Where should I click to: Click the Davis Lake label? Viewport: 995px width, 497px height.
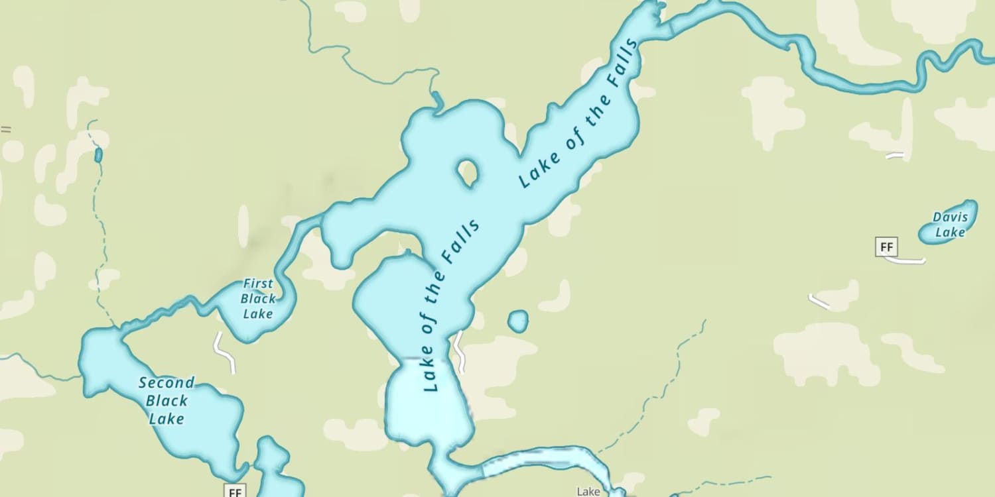[x=950, y=224]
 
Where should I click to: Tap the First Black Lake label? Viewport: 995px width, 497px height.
[x=258, y=298]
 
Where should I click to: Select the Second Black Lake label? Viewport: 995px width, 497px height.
[x=166, y=400]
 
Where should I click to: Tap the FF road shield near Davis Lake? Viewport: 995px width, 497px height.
[x=886, y=248]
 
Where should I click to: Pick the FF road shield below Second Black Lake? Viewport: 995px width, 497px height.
[x=235, y=492]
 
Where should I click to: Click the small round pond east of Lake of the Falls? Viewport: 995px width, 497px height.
[x=518, y=321]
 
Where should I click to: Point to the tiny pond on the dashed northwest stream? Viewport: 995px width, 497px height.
[x=99, y=155]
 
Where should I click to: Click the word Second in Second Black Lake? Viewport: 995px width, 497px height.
[x=166, y=383]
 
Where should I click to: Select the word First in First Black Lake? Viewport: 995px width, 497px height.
[x=258, y=284]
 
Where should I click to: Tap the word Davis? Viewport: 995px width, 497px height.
[x=951, y=217]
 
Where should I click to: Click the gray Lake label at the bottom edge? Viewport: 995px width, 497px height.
[x=588, y=492]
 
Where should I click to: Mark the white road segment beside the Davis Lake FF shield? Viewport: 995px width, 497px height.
[x=905, y=260]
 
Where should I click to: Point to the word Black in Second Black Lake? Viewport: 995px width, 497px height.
[x=166, y=401]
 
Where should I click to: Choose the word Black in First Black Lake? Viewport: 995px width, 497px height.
[x=258, y=299]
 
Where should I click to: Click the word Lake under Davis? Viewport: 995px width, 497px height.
[x=950, y=232]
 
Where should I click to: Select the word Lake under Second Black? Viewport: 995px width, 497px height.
[x=166, y=419]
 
